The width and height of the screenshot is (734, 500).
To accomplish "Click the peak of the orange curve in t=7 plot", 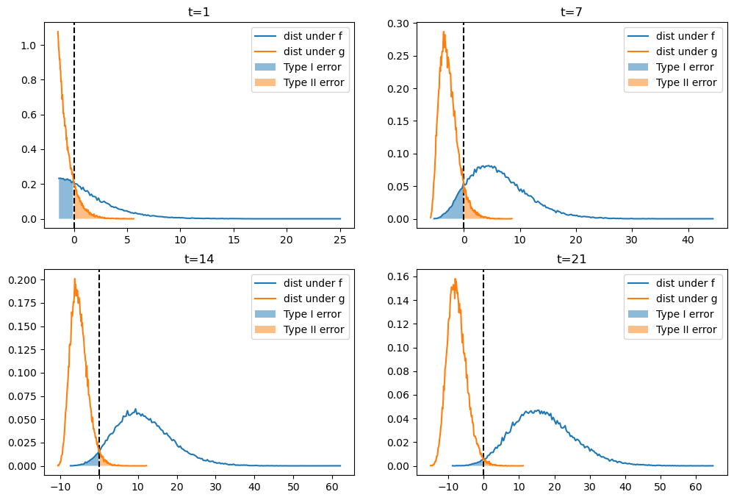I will tap(444, 32).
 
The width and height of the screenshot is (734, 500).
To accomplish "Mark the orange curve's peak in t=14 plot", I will tap(74, 279).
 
